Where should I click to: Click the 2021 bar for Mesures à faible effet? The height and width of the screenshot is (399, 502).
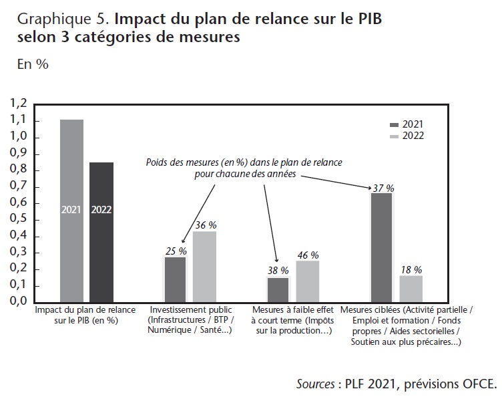pyautogui.click(x=278, y=289)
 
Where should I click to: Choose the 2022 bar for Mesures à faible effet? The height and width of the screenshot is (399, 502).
pyautogui.click(x=308, y=281)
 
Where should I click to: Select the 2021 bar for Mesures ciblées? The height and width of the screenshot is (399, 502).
pyautogui.click(x=381, y=247)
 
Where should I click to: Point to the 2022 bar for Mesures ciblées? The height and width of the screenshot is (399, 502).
pyautogui.click(x=411, y=288)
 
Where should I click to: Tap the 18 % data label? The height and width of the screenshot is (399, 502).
pyautogui.click(x=411, y=269)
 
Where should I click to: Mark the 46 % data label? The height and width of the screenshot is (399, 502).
pyautogui.click(x=308, y=255)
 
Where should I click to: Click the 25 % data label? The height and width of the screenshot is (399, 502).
pyautogui.click(x=176, y=251)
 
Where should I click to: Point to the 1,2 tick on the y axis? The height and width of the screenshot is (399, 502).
pyautogui.click(x=18, y=104)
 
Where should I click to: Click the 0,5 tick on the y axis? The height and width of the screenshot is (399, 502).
pyautogui.click(x=18, y=219)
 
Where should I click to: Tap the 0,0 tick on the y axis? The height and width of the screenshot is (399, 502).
pyautogui.click(x=18, y=301)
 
